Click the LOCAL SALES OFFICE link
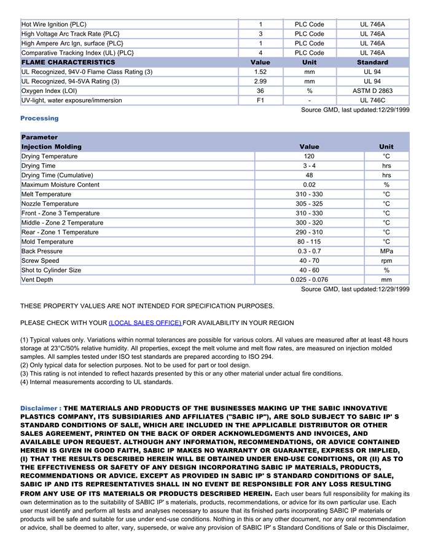point(145,323)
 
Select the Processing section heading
point(39,118)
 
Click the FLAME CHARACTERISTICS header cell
point(68,62)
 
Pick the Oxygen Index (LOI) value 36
point(260,91)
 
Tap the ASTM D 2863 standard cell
point(372,91)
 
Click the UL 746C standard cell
point(372,100)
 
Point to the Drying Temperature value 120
point(309,156)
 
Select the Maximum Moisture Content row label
point(60,185)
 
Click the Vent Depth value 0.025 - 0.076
point(309,280)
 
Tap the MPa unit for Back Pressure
point(386,251)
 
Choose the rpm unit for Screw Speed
point(386,261)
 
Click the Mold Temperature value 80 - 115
point(309,242)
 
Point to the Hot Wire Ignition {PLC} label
point(54,25)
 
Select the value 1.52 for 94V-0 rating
point(260,72)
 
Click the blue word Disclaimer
point(40,409)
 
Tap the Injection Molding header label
point(51,146)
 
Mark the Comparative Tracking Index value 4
point(260,53)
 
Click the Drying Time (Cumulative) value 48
point(309,175)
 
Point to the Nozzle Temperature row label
point(50,204)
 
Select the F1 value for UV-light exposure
point(260,100)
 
